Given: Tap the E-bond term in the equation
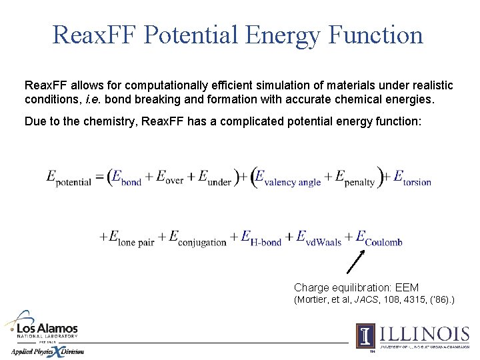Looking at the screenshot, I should tap(126, 178).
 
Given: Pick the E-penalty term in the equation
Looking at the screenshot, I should tap(355, 179).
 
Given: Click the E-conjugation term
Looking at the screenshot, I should tap(197, 238).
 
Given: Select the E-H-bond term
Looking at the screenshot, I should tap(261, 238).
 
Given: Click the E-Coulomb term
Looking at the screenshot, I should tap(379, 238).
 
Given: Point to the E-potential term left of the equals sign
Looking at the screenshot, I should tap(69, 178).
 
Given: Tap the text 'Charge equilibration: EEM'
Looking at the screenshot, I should tap(356, 288).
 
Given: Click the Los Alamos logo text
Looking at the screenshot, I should tap(47, 329).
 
